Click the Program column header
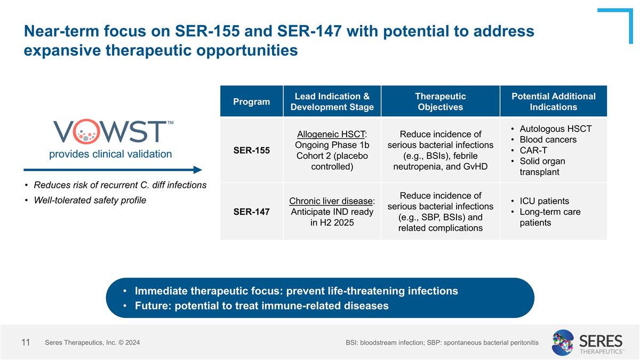point(251,101)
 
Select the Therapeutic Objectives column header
point(440,101)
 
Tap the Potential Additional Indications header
point(553,101)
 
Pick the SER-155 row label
point(251,150)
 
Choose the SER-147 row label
point(251,212)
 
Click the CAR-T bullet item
point(533,150)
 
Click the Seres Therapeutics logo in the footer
point(587,342)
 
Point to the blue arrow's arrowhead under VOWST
point(198,170)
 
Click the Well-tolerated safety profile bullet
point(89,201)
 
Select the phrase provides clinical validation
point(110,154)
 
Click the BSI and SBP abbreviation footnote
point(442,342)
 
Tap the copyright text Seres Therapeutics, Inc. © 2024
point(92,342)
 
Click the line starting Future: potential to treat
point(261,306)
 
